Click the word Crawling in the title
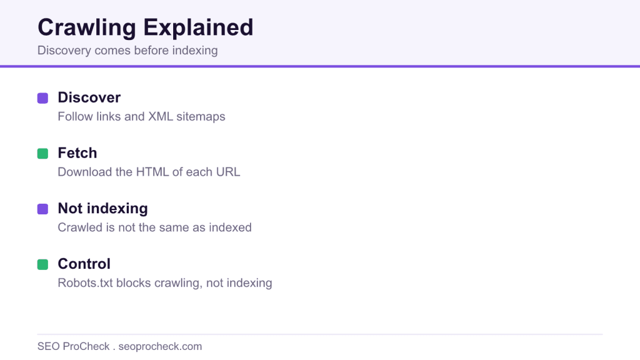click(x=87, y=28)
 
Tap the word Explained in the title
click(x=198, y=27)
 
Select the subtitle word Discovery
click(x=64, y=51)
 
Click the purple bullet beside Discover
click(x=43, y=98)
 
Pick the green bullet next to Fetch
click(x=43, y=154)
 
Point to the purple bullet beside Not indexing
click(x=43, y=209)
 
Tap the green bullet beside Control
click(x=43, y=264)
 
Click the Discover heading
click(x=89, y=97)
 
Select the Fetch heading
click(x=77, y=153)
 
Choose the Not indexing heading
click(x=103, y=209)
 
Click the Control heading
click(x=84, y=264)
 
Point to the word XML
click(x=161, y=117)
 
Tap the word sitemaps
click(x=201, y=117)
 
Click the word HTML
click(x=152, y=172)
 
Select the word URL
click(x=228, y=172)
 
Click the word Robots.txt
click(x=85, y=283)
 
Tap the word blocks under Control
click(x=134, y=283)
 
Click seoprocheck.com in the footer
click(x=160, y=346)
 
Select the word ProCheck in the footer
click(x=86, y=346)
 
